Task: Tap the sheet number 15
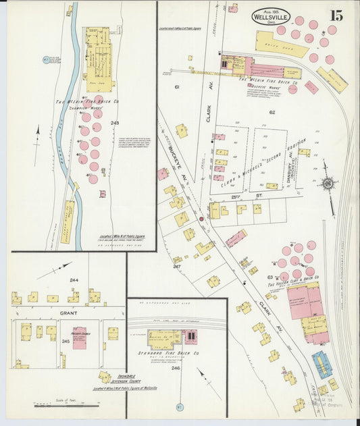(336, 15)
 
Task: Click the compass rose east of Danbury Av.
(328, 183)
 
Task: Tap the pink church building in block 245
(79, 338)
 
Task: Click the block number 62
(272, 112)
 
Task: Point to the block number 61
(177, 88)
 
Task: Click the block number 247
(177, 267)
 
